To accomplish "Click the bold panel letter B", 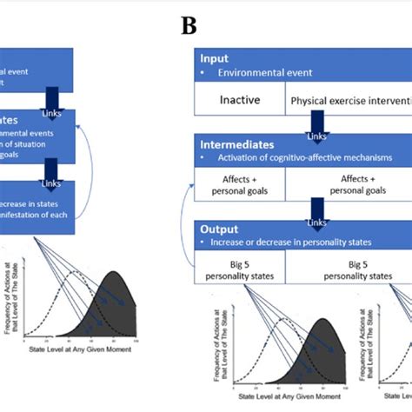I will [x=189, y=25].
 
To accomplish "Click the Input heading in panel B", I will [x=215, y=58].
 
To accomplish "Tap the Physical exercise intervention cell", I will [x=349, y=101].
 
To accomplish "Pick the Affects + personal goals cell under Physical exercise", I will [x=349, y=184].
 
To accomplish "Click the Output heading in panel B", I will [x=220, y=229].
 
